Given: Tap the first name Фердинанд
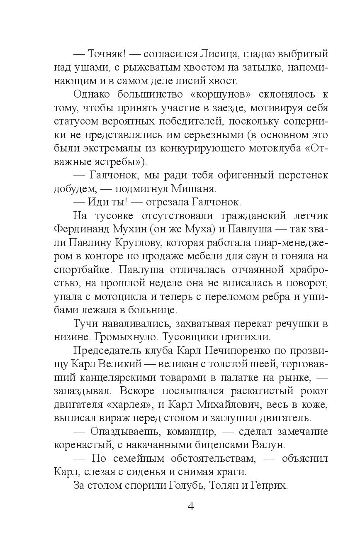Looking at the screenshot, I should [82, 229].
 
